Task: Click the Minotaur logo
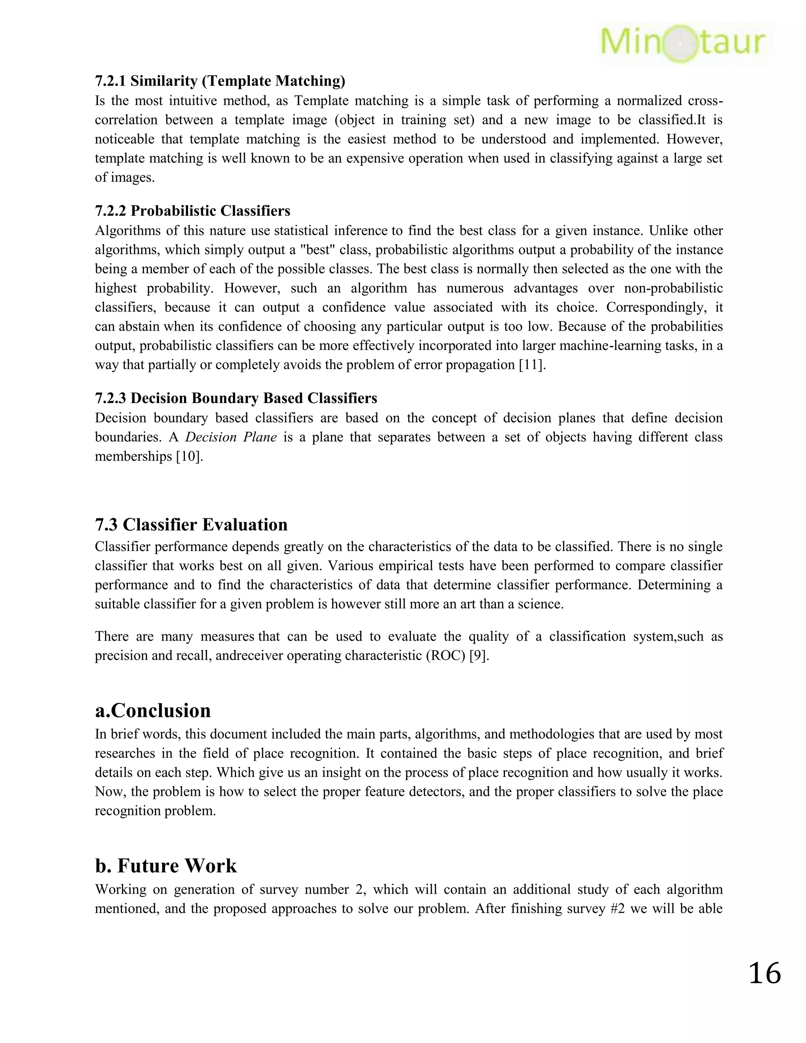pos(683,43)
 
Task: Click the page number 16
pos(764,973)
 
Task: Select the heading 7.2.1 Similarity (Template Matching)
pos(220,81)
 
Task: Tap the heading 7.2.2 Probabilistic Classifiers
pos(192,211)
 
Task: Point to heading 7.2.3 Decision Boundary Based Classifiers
pos(236,398)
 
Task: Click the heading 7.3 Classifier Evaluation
pos(191,524)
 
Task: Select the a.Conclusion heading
pos(153,710)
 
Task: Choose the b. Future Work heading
pos(166,865)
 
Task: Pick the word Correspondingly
pos(658,307)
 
